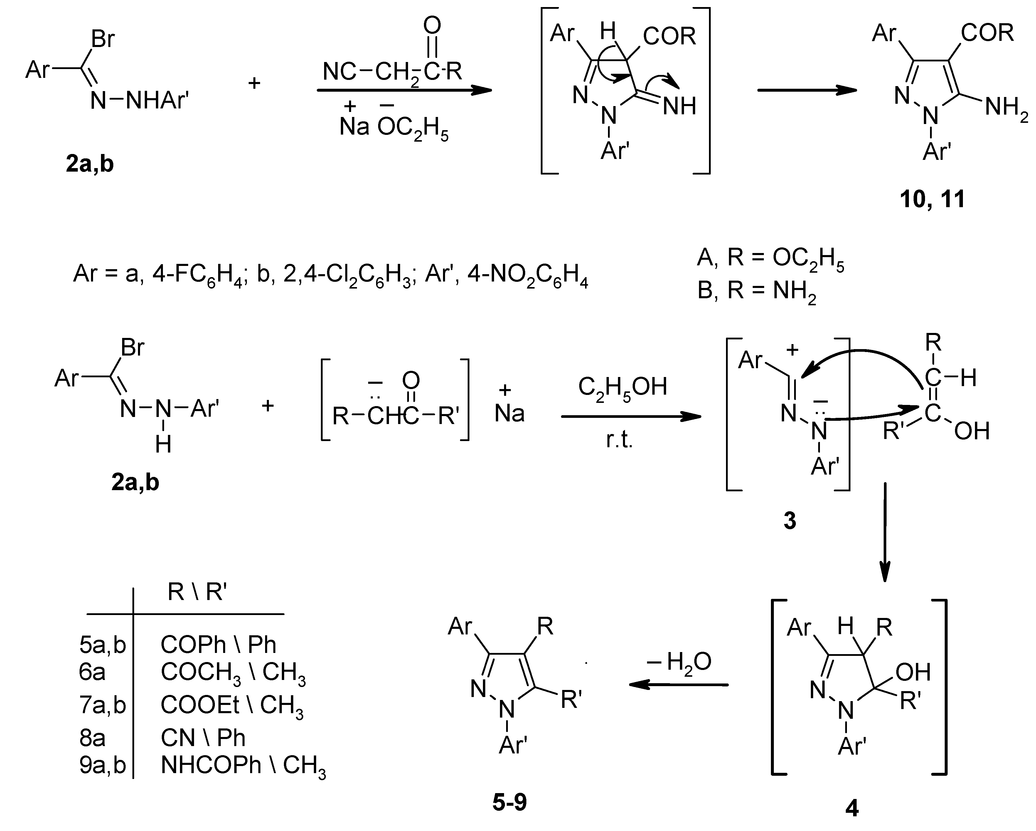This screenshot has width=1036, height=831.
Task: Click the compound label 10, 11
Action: coord(932,199)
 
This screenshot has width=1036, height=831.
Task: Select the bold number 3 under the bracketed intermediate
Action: coord(789,520)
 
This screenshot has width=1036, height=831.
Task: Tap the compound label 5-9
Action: coord(509,802)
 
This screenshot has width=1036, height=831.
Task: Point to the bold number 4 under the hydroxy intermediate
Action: coord(851,808)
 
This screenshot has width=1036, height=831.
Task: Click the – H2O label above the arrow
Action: coord(679,663)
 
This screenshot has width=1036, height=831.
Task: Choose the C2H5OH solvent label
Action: coord(622,387)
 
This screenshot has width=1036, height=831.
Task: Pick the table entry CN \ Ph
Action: coord(203,738)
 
